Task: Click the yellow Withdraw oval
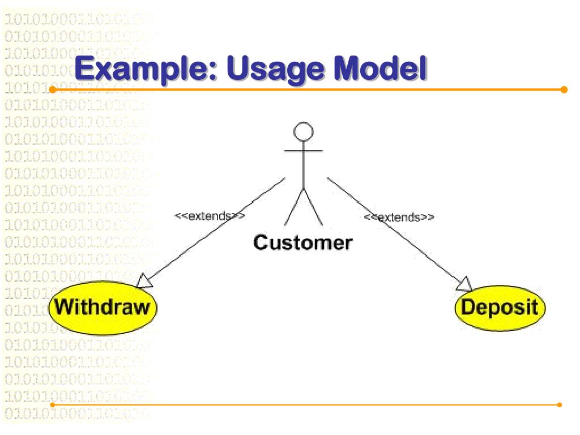click(103, 308)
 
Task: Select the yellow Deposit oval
click(500, 308)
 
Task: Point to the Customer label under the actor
click(302, 242)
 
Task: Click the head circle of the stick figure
click(304, 131)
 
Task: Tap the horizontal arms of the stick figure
click(304, 151)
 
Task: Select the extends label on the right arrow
click(399, 217)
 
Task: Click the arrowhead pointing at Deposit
click(464, 284)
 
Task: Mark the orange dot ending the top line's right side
click(564, 89)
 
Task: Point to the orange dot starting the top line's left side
click(52, 89)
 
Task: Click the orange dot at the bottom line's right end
click(560, 404)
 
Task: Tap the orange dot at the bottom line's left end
click(52, 404)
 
